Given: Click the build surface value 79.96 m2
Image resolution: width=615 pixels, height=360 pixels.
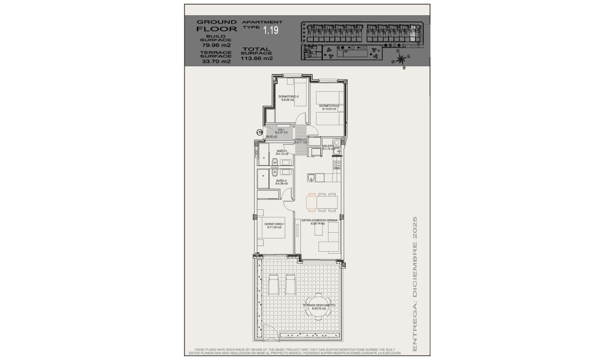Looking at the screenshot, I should (x=216, y=45).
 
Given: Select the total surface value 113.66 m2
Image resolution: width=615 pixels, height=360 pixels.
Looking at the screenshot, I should (x=257, y=59).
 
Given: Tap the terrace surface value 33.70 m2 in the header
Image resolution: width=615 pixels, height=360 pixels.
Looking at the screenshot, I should (x=216, y=61).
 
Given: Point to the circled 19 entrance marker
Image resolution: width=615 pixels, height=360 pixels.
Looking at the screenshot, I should (x=260, y=132).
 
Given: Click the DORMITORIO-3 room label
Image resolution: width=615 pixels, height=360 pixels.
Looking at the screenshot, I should (x=288, y=98).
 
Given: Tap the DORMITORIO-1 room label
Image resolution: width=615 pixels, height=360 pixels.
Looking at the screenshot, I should (x=274, y=226).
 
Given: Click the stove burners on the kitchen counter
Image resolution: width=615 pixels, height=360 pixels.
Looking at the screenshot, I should (x=337, y=165).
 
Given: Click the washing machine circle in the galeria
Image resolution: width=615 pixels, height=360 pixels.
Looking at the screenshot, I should (x=338, y=142).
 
